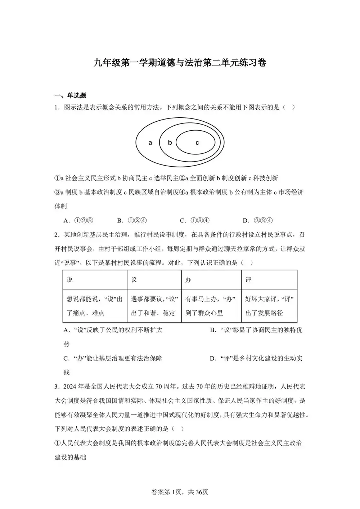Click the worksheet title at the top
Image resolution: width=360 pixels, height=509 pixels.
point(180,63)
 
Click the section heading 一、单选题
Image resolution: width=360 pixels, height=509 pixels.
point(70,95)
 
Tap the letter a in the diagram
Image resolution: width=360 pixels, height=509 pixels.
point(150,143)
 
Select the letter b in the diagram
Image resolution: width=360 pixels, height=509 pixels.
point(170,142)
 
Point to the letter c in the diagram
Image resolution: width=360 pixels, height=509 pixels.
point(197,143)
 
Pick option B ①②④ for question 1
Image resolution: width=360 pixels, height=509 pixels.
point(132,221)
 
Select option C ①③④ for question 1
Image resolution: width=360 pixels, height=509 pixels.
point(195,221)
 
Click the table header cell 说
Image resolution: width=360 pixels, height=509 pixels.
point(70,280)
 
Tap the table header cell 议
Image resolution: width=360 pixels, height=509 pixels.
point(134,280)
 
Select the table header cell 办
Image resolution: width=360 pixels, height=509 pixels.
point(188,280)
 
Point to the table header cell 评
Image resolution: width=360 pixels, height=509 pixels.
point(248,280)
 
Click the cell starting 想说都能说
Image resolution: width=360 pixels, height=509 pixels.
point(94,306)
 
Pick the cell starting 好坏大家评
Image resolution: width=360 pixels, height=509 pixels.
point(269,306)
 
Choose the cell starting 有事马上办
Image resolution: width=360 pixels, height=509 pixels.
point(211,306)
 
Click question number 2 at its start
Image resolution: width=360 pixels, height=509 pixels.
point(57,235)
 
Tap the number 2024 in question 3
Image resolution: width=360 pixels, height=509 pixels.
point(70,387)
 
